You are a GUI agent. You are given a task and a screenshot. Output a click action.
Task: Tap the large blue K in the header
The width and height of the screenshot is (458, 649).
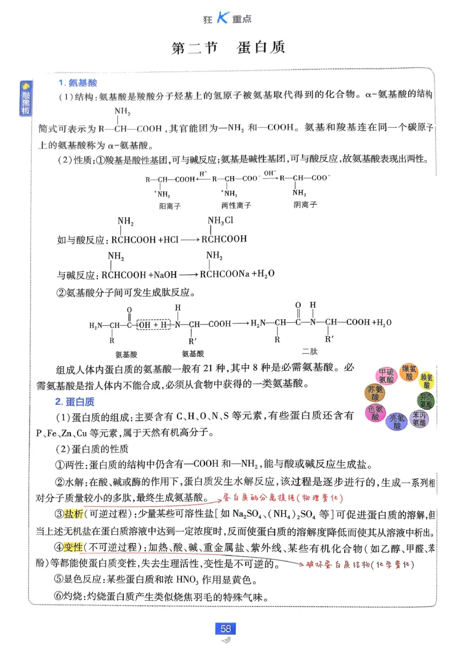[x=222, y=18]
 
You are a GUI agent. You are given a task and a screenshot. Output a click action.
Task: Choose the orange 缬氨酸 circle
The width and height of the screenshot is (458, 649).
[x=409, y=372]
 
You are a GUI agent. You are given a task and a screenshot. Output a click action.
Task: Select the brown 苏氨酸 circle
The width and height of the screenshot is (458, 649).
[x=375, y=394]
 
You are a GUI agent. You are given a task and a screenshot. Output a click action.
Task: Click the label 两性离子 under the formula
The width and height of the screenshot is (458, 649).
[x=236, y=205]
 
